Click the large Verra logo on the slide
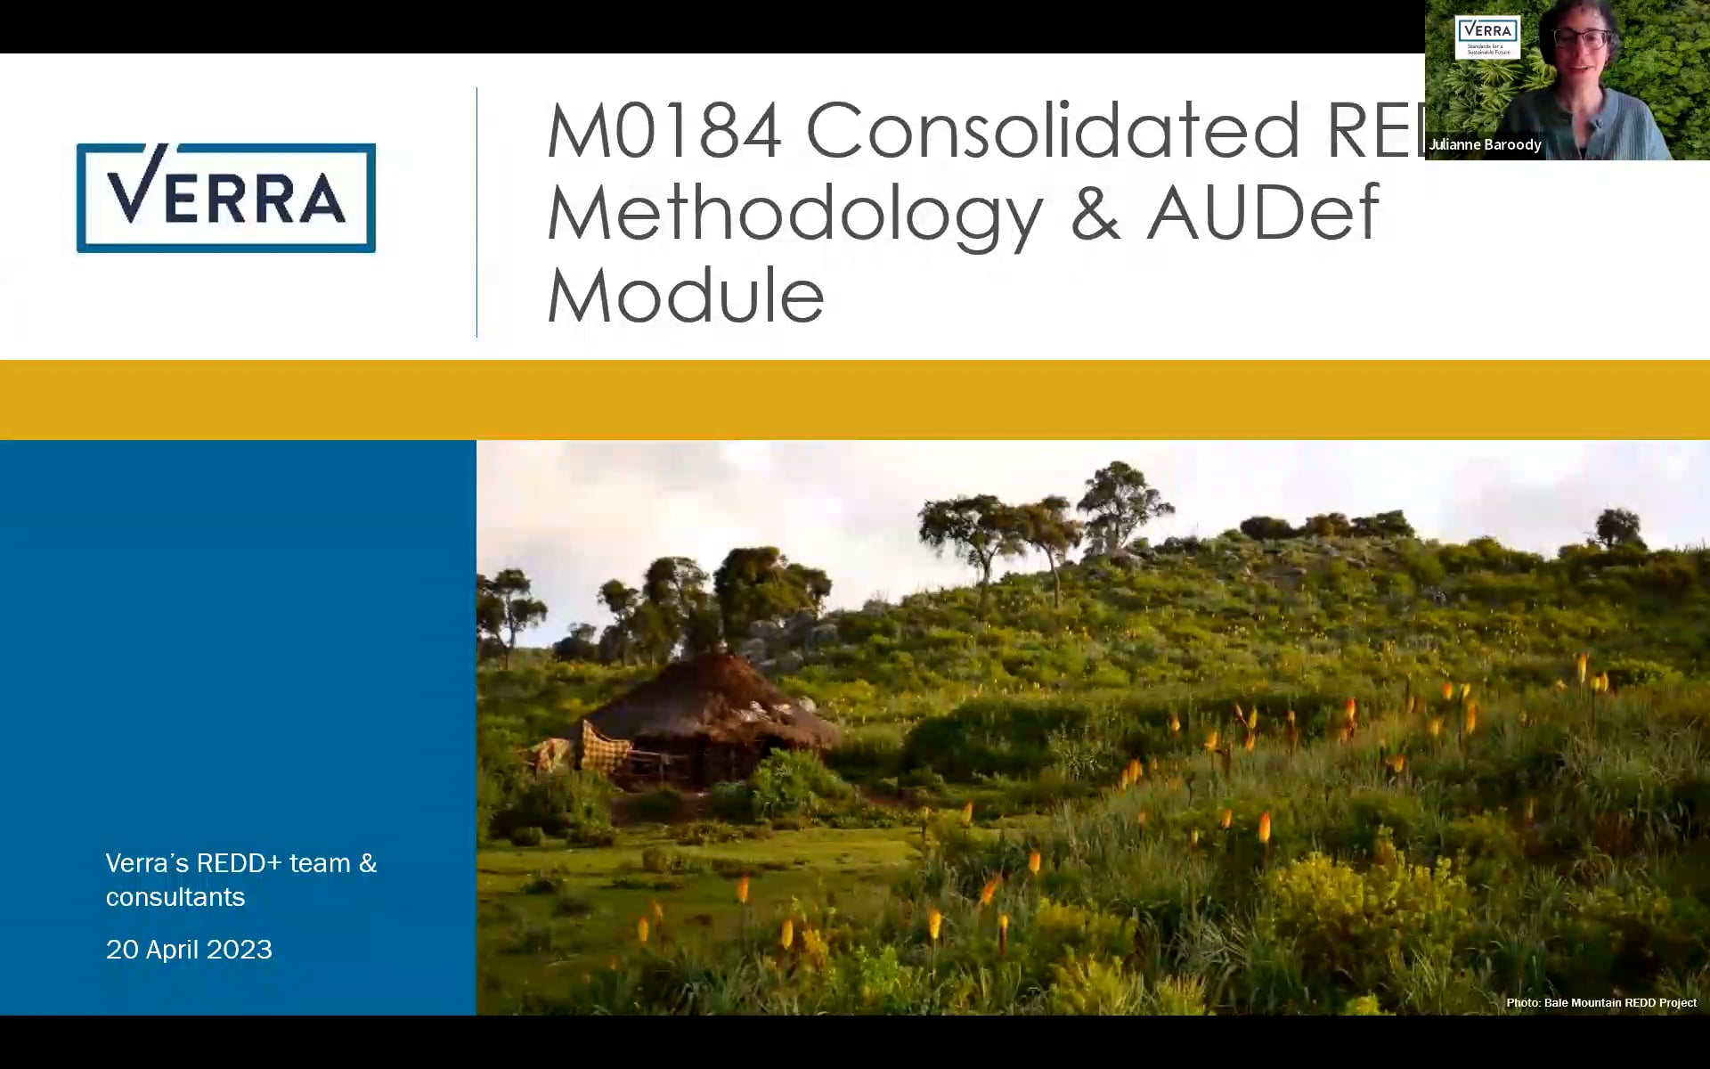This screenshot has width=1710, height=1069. [x=226, y=198]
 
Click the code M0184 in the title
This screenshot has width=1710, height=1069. [x=664, y=131]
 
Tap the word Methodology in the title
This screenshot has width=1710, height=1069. [x=794, y=214]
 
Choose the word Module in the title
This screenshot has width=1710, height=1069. [x=685, y=296]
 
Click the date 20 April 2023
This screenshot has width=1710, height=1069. [x=189, y=950]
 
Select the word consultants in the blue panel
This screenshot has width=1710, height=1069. [x=175, y=897]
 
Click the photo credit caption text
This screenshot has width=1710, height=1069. [x=1600, y=1003]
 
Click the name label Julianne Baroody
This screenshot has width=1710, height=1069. [x=1485, y=144]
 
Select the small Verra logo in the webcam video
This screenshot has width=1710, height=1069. [x=1487, y=36]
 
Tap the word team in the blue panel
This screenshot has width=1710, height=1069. [x=320, y=863]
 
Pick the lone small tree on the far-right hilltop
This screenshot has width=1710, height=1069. [x=1618, y=526]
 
